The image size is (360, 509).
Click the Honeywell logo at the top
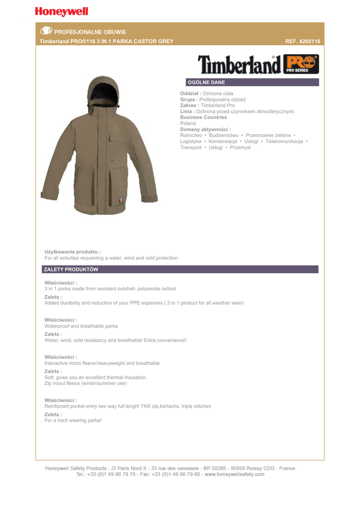[62, 11]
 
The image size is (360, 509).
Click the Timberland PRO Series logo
[258, 65]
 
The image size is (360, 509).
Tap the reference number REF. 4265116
[302, 41]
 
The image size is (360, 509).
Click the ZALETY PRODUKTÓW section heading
[71, 269]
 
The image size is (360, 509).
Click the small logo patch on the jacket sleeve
[121, 200]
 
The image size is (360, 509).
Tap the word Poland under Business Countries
[188, 123]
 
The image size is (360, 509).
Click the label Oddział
[190, 93]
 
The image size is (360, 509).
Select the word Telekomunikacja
[284, 141]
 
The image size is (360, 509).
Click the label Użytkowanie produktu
[73, 252]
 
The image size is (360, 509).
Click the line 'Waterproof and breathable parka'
[81, 326]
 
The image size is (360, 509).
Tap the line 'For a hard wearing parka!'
[73, 421]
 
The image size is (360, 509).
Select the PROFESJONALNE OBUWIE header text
[90, 32]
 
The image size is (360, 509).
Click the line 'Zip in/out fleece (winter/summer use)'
[86, 383]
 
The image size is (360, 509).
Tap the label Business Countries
[203, 117]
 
